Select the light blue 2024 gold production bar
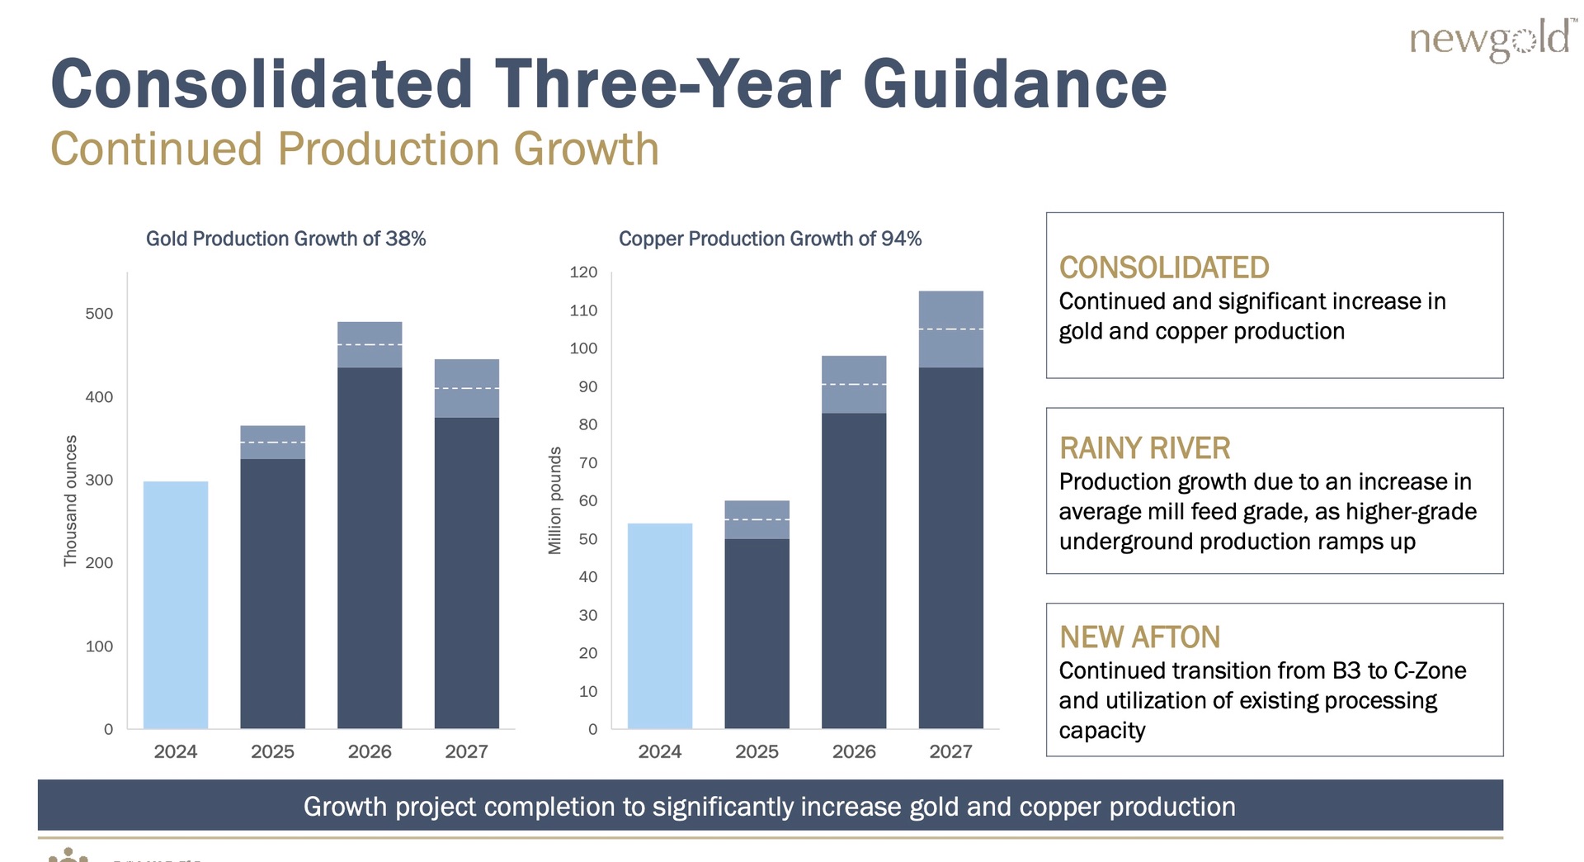point(176,604)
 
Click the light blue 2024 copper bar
point(660,626)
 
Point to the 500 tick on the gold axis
point(99,314)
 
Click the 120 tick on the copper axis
point(583,272)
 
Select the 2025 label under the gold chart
point(272,751)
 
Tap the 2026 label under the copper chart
point(854,751)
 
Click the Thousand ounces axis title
point(71,500)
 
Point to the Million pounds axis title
point(555,500)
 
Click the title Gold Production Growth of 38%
point(285,239)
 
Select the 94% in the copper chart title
point(901,239)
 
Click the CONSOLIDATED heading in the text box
point(1164,268)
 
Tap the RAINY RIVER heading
point(1144,448)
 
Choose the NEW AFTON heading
point(1139,637)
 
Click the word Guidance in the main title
point(1015,84)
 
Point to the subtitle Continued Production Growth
point(355,149)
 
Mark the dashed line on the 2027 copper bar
point(950,329)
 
